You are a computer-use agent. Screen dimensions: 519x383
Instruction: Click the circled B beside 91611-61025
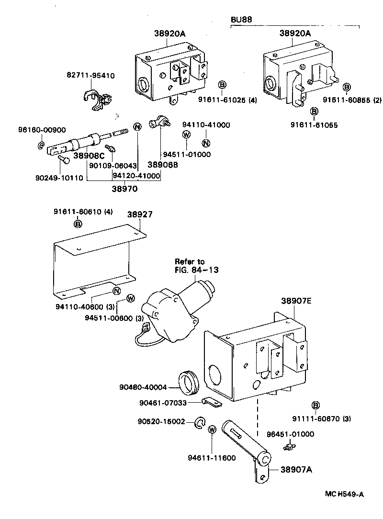(222, 85)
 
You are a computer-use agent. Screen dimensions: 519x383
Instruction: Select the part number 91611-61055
(314, 125)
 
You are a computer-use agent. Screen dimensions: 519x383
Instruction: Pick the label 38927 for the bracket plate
(140, 215)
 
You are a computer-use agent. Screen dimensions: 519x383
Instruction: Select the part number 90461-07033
(163, 403)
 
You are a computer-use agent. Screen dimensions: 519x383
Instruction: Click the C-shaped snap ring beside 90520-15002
(200, 422)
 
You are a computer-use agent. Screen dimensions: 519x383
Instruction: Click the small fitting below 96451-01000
(288, 447)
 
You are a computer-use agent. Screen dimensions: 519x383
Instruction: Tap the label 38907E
(296, 301)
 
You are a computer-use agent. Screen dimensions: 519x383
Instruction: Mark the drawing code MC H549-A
(344, 494)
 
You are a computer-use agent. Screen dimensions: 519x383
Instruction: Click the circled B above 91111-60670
(315, 406)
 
